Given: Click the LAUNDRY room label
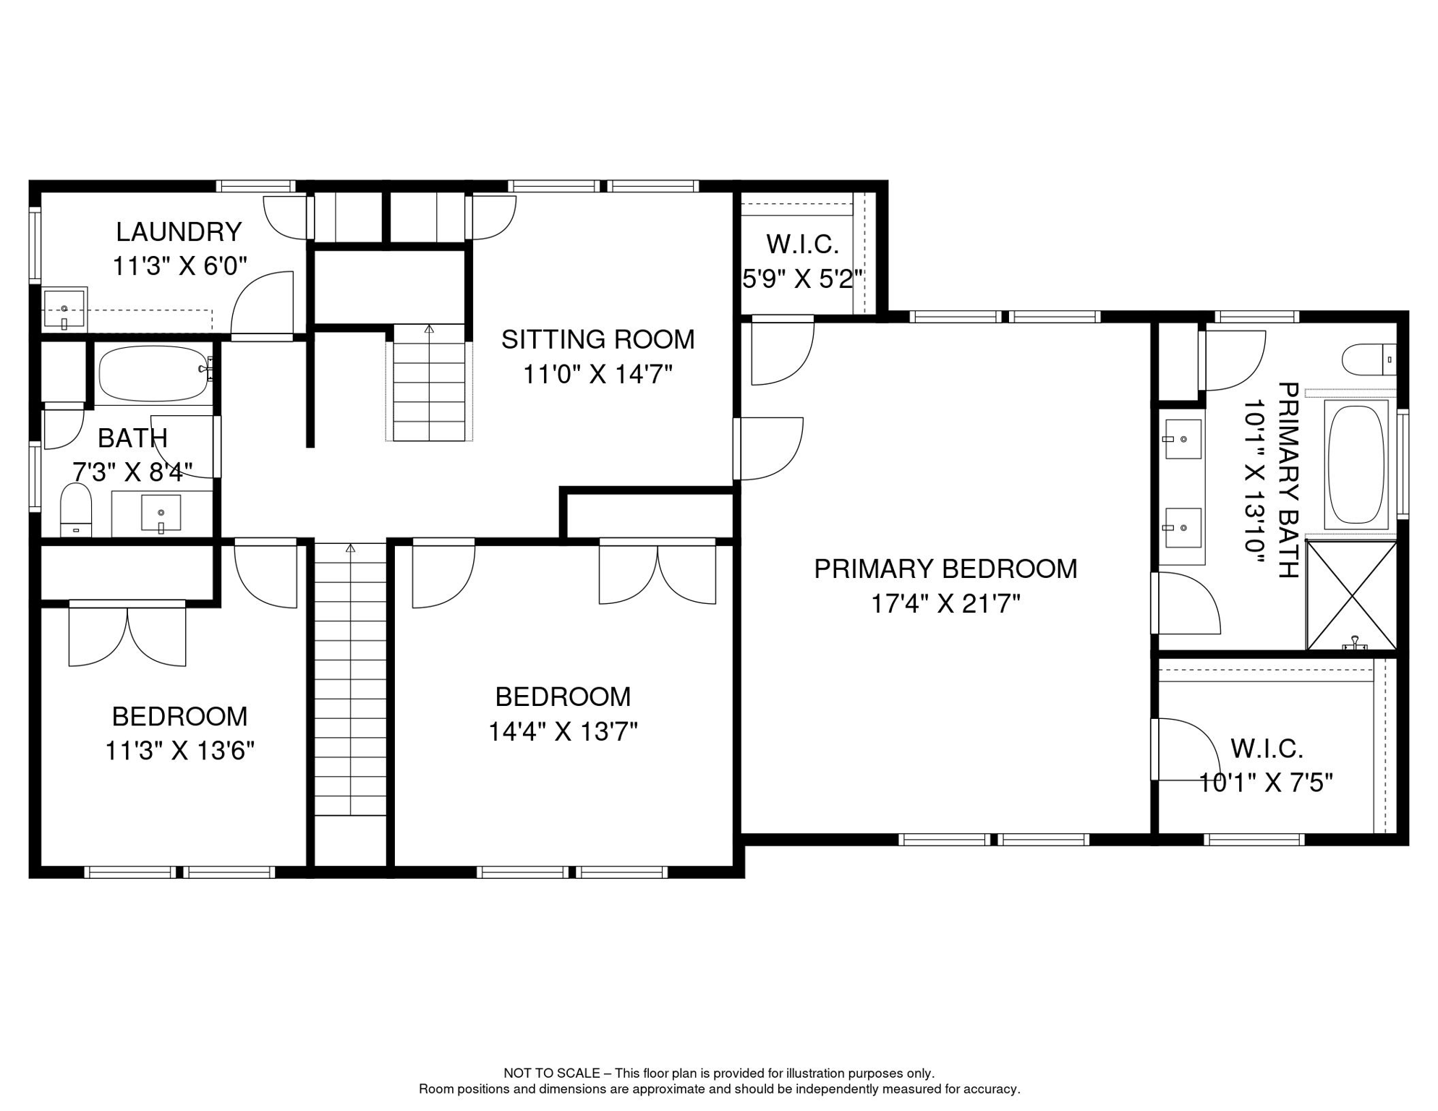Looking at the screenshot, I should pyautogui.click(x=179, y=232).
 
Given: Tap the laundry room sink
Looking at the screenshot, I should pyautogui.click(x=64, y=309).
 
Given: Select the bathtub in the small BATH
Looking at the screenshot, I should pyautogui.click(x=153, y=373).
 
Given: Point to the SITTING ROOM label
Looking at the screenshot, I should pyautogui.click(x=597, y=339).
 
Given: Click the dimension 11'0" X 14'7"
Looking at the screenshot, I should pyautogui.click(x=597, y=375).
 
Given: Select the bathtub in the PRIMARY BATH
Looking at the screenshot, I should pyautogui.click(x=1356, y=464).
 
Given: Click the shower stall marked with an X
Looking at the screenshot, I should pyautogui.click(x=1351, y=595).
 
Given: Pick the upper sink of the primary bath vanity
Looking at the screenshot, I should pyautogui.click(x=1182, y=439).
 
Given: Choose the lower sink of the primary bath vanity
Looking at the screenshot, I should pyautogui.click(x=1182, y=527).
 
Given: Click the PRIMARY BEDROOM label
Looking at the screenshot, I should pyautogui.click(x=945, y=569).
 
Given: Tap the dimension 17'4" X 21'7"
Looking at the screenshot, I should pyautogui.click(x=945, y=604).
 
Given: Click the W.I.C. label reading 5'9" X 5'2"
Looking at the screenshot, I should pyautogui.click(x=802, y=244).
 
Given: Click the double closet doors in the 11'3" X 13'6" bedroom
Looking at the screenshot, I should pyautogui.click(x=127, y=634).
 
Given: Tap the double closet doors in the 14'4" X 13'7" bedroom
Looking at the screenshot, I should pyautogui.click(x=657, y=573).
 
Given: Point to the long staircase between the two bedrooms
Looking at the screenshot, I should pyautogui.click(x=350, y=680).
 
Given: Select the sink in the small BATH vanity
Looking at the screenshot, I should pyautogui.click(x=161, y=513).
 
